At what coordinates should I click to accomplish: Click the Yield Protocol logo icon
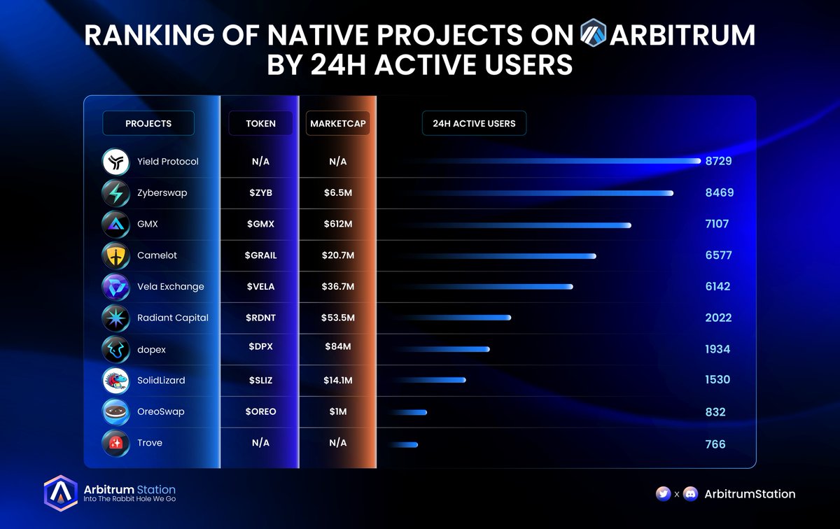pyautogui.click(x=115, y=162)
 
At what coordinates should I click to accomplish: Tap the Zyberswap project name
pyautogui.click(x=162, y=192)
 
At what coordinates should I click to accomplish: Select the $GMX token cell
pyautogui.click(x=260, y=224)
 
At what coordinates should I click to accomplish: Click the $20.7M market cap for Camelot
pyautogui.click(x=337, y=255)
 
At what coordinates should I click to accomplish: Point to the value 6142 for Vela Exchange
pyautogui.click(x=717, y=286)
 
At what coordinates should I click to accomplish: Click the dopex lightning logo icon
pyautogui.click(x=115, y=349)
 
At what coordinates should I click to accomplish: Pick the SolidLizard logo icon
pyautogui.click(x=115, y=381)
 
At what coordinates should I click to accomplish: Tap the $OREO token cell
pyautogui.click(x=260, y=411)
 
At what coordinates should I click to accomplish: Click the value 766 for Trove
pyautogui.click(x=715, y=444)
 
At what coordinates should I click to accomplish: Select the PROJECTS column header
pyautogui.click(x=148, y=123)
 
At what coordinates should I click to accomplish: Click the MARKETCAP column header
pyautogui.click(x=337, y=123)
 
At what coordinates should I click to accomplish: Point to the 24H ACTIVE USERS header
pyautogui.click(x=474, y=123)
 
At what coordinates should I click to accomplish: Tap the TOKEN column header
pyautogui.click(x=260, y=123)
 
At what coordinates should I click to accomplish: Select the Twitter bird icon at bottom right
pyautogui.click(x=663, y=494)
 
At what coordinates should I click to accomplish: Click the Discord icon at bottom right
pyautogui.click(x=690, y=494)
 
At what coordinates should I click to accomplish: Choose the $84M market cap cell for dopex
pyautogui.click(x=337, y=349)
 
